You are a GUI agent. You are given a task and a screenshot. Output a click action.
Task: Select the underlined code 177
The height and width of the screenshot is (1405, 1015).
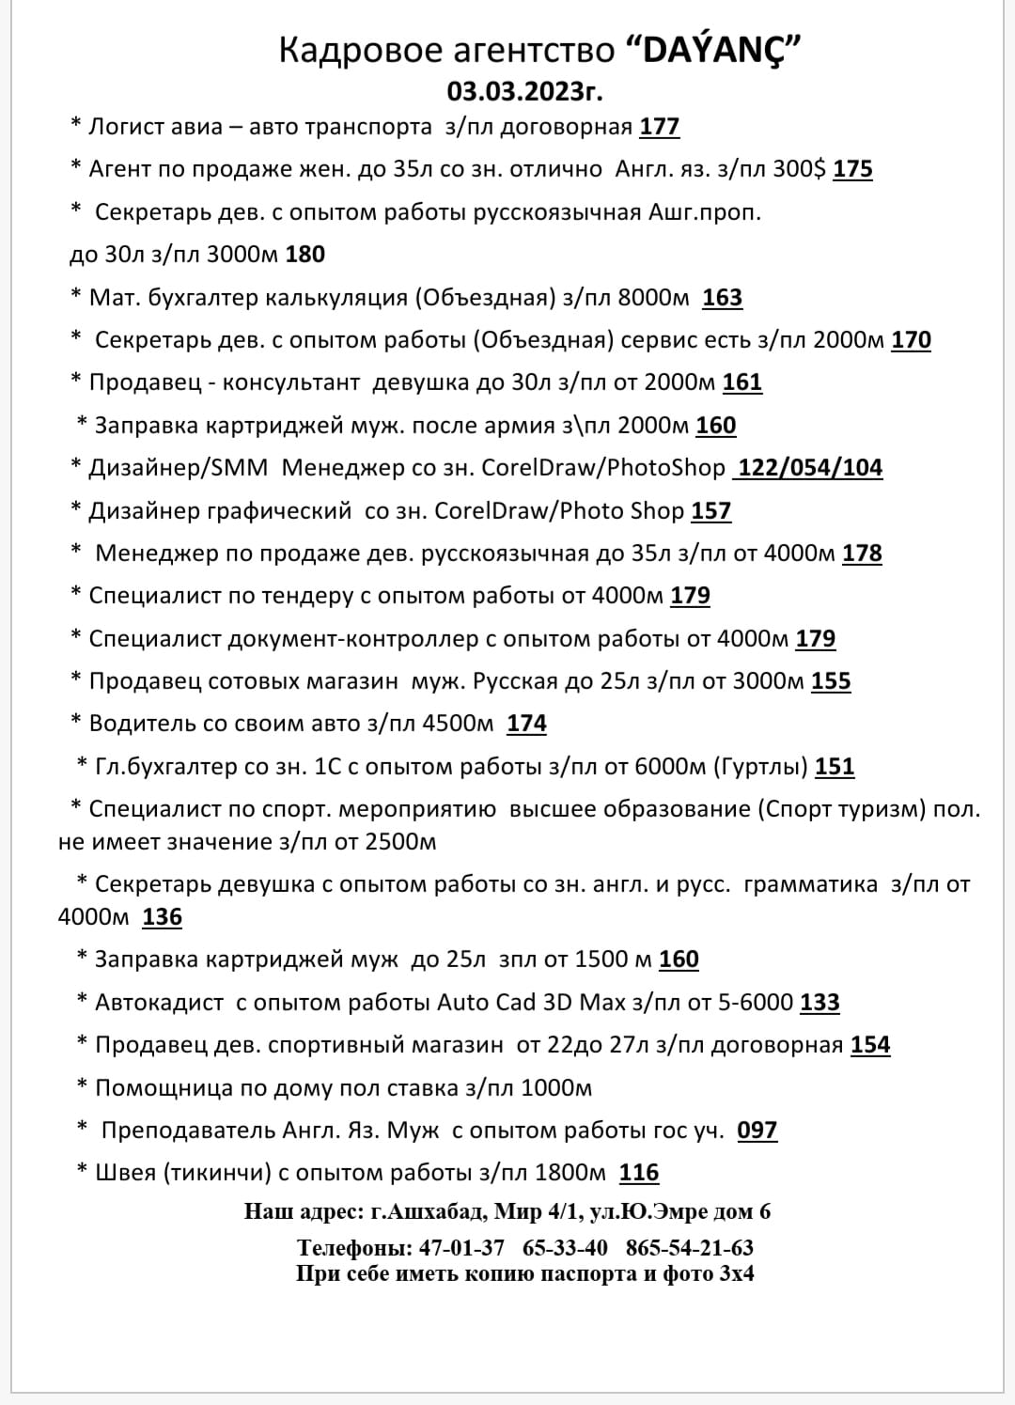pos(660,127)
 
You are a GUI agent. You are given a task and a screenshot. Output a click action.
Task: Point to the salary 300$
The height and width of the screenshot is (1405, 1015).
pos(800,169)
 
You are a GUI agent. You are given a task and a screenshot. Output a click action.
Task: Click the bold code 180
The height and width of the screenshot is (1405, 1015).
pos(305,254)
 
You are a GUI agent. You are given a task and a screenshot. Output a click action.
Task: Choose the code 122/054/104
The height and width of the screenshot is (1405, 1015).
pos(810,468)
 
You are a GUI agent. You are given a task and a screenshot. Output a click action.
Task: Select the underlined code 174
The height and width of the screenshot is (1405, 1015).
pos(526,724)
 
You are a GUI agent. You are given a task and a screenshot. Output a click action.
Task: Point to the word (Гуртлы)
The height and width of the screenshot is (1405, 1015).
pos(761,767)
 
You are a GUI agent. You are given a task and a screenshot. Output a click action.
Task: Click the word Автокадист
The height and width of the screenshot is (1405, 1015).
pos(160,1003)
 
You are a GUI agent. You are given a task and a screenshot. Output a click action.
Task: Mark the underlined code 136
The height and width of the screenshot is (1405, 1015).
pos(162,917)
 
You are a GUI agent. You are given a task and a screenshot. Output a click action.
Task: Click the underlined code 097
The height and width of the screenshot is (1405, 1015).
pos(757,1131)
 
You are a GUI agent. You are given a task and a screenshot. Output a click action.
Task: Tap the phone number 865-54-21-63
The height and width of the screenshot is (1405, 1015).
pos(689,1248)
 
